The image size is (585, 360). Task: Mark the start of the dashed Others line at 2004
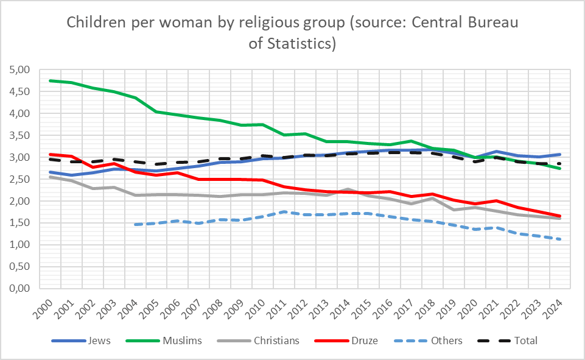pyautogui.click(x=135, y=225)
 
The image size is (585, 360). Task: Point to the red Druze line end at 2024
pyautogui.click(x=559, y=216)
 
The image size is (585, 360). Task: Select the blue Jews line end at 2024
pyautogui.click(x=559, y=154)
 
